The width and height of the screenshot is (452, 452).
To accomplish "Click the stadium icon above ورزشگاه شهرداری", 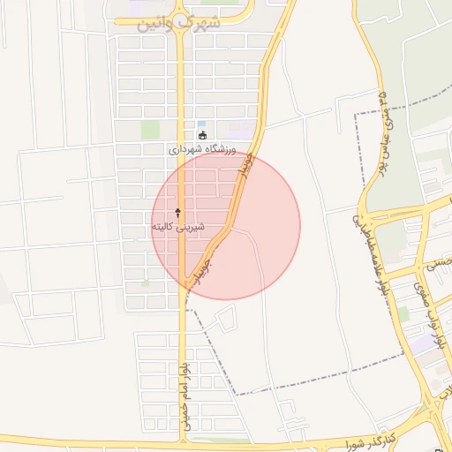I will click(x=203, y=136).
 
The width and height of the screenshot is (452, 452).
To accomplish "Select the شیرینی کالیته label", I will click(x=178, y=227).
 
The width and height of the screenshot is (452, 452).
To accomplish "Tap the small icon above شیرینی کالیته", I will click(x=178, y=213).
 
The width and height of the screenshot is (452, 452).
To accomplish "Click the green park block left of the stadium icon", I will click(x=150, y=130).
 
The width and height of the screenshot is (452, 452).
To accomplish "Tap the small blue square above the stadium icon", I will click(x=201, y=124).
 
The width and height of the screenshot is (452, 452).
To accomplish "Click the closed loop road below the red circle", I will click(x=226, y=320).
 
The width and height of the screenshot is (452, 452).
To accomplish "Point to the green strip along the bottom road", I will click(x=221, y=439).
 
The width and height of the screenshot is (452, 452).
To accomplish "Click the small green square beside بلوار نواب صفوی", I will click(x=403, y=313).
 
